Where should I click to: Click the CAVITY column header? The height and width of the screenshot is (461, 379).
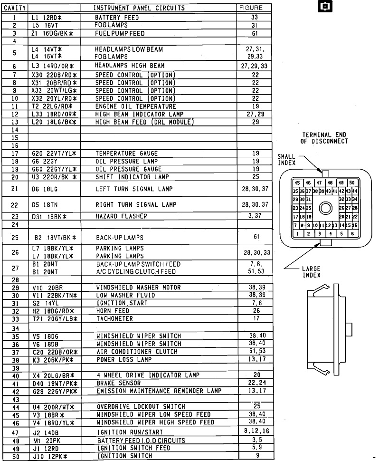pos(15,9)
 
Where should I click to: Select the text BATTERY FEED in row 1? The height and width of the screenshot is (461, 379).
pos(117,18)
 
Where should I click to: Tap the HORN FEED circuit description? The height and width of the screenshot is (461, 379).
pos(113,311)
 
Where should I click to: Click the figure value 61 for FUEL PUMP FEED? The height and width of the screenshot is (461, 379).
pos(255,34)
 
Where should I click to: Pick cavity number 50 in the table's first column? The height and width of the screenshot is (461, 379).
pos(15,457)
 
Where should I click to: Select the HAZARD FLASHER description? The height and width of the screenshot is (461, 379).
pos(121,216)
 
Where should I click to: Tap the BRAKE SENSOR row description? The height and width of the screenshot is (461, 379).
pos(118,383)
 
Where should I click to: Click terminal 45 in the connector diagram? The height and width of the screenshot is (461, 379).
pos(297,183)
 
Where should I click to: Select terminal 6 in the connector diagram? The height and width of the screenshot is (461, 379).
pos(352,233)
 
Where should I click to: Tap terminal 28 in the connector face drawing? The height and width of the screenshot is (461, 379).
pos(354,208)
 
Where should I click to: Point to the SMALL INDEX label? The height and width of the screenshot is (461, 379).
pos(286,159)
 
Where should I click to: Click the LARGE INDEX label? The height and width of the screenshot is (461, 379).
pos(311,272)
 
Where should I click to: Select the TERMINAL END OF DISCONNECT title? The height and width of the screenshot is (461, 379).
pos(324,138)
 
